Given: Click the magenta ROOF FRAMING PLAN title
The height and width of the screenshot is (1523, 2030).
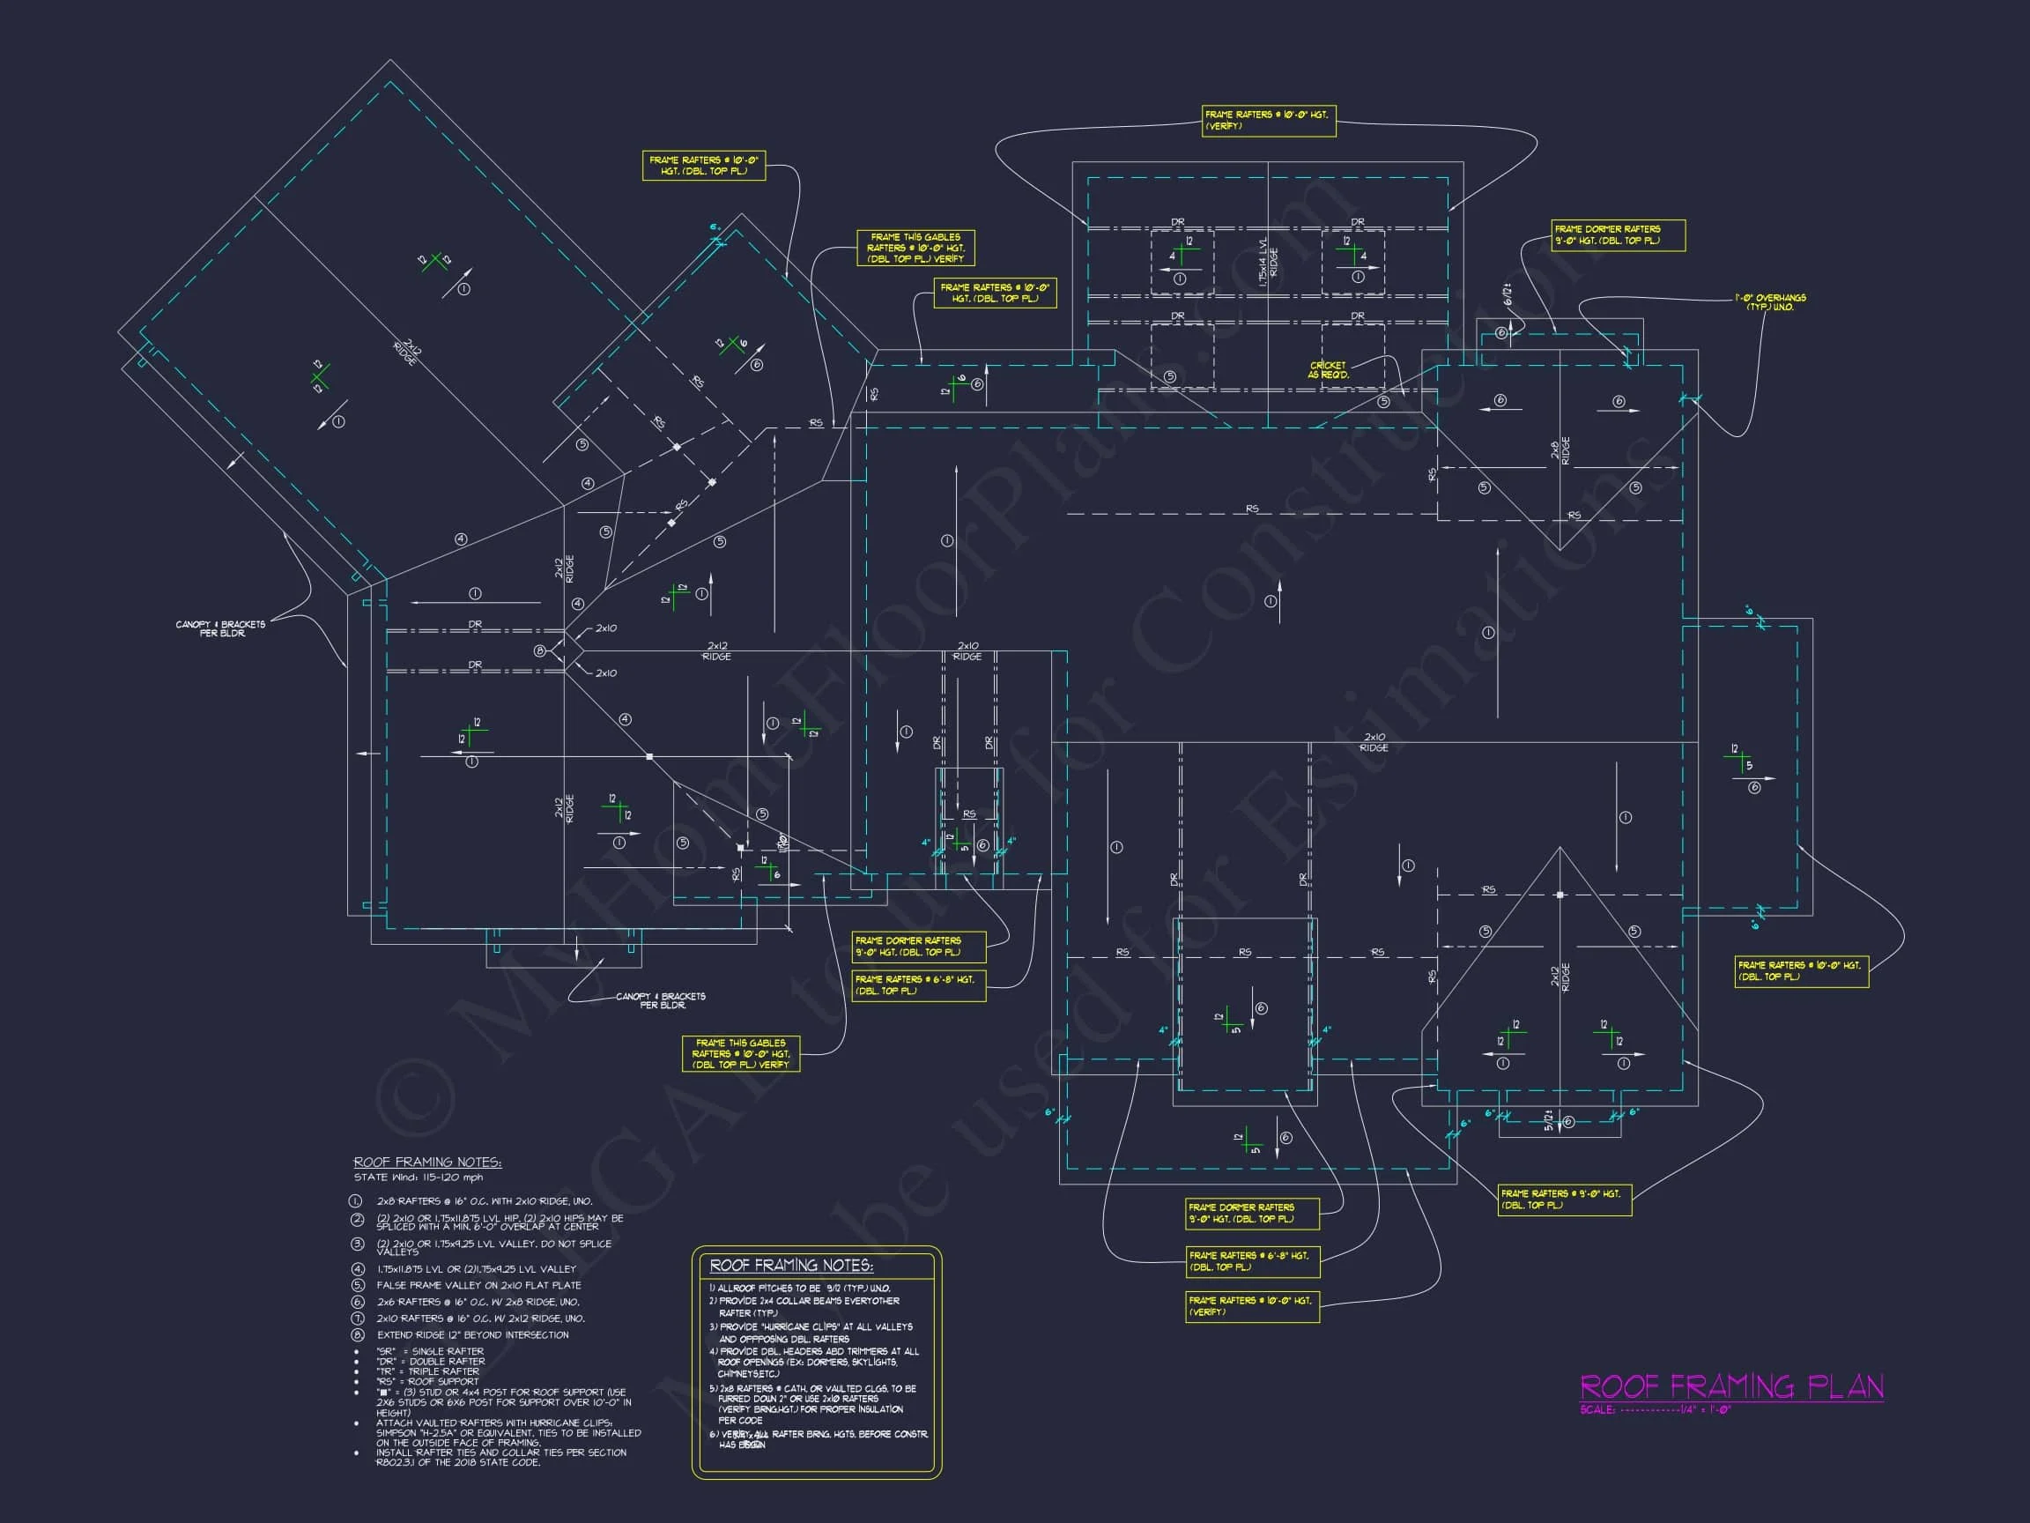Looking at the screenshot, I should pyautogui.click(x=1730, y=1386).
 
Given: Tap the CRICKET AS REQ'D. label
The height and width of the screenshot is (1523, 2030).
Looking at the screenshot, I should pyautogui.click(x=1328, y=370).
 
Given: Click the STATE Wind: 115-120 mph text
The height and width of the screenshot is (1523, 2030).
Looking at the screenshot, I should pyautogui.click(x=418, y=1177).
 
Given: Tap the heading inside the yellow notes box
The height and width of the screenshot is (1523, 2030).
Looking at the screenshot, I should pyautogui.click(x=791, y=1266).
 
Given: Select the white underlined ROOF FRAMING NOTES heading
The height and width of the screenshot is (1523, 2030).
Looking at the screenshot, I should pyautogui.click(x=426, y=1163).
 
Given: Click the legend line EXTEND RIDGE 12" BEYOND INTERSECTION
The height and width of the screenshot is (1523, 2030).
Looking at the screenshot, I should pyautogui.click(x=471, y=1334).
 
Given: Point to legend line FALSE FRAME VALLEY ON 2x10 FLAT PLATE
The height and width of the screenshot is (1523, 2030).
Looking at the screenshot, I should pyautogui.click(x=478, y=1285).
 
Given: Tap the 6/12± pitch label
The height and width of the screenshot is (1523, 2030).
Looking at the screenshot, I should pyautogui.click(x=1508, y=295).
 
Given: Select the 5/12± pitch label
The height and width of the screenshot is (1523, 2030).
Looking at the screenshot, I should pyautogui.click(x=1548, y=1121).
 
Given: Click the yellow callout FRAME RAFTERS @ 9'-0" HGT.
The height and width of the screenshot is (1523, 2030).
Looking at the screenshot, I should pyautogui.click(x=1564, y=1199).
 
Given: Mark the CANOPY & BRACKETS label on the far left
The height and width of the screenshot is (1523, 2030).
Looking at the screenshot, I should pyautogui.click(x=220, y=628).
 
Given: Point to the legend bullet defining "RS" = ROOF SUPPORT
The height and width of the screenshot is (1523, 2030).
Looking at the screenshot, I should pyautogui.click(x=426, y=1381).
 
